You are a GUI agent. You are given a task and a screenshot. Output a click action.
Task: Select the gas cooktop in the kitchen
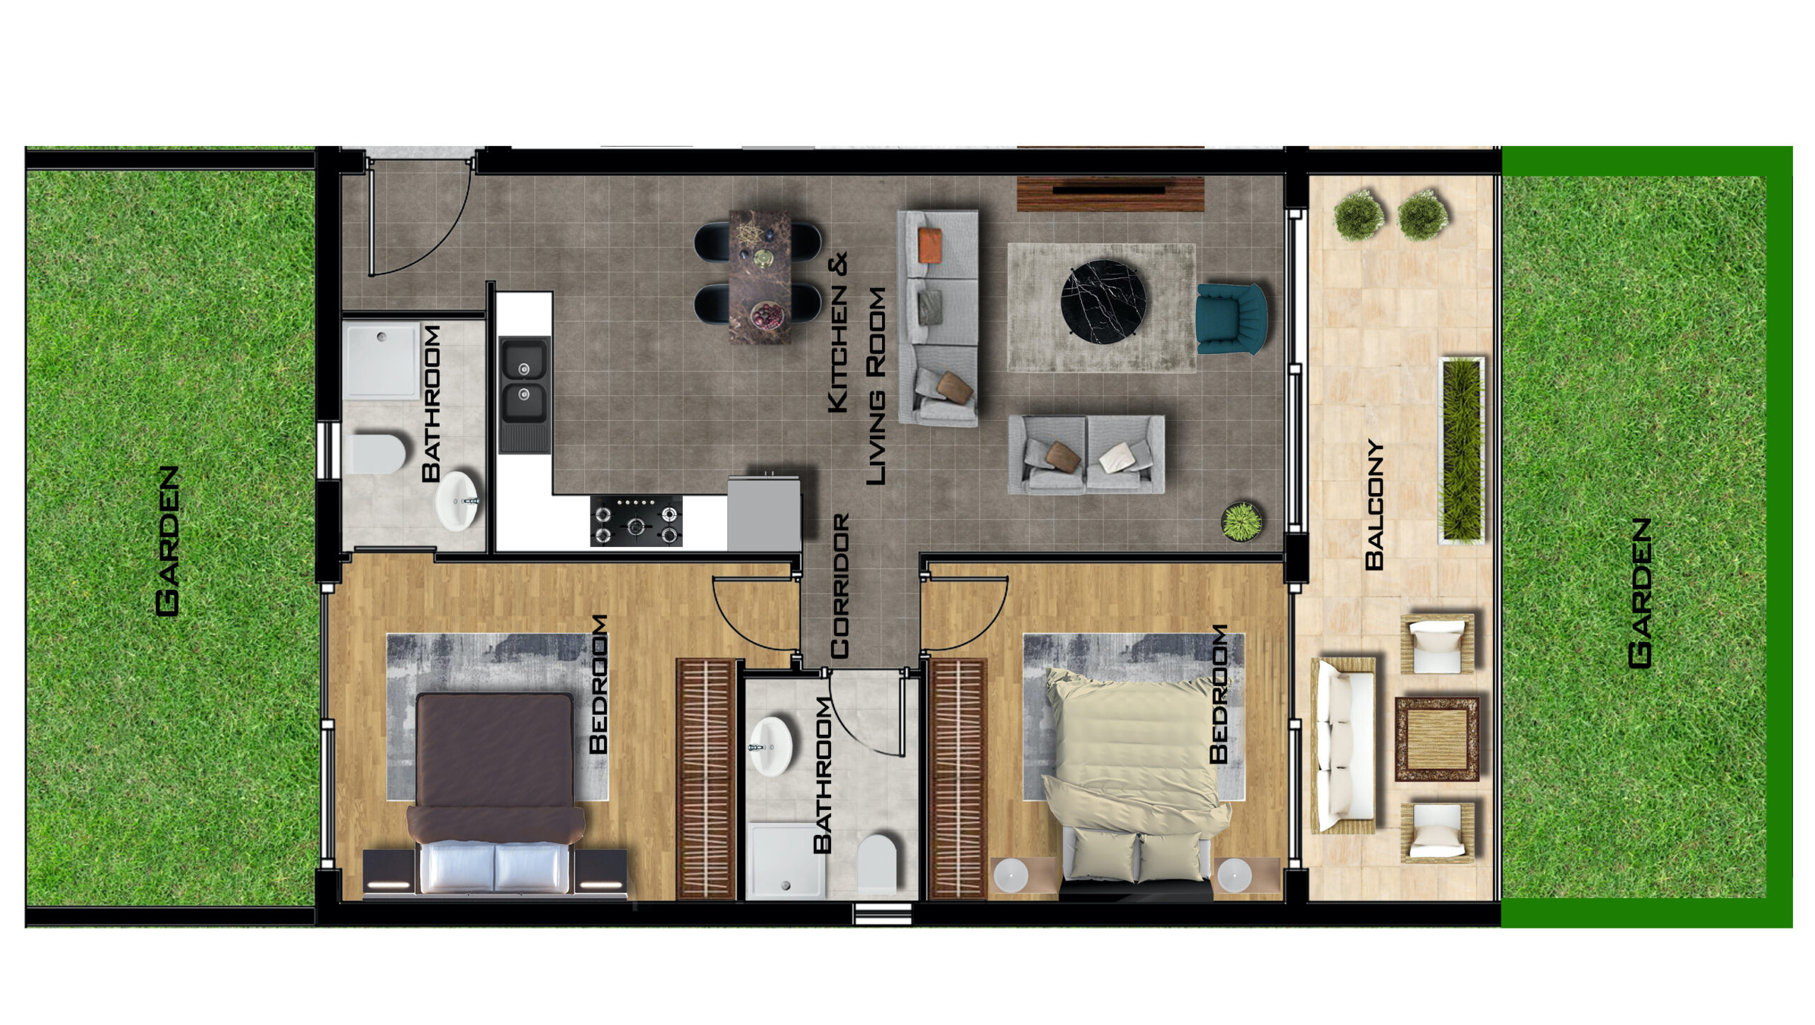[x=636, y=521]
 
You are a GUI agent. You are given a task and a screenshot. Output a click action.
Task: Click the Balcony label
[x=1374, y=505]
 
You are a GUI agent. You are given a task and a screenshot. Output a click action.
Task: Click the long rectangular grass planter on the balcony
[x=1461, y=450]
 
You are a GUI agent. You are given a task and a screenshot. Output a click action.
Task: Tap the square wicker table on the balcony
[x=1437, y=739]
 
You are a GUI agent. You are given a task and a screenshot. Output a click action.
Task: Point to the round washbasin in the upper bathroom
[x=457, y=500]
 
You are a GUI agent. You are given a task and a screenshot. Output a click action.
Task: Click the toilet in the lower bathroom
[x=877, y=863]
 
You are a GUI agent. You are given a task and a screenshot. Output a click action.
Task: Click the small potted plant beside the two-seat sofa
[x=1242, y=521]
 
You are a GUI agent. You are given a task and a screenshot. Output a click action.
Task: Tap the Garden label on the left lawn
[x=167, y=541]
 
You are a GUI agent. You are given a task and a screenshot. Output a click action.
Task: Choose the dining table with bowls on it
[x=760, y=277]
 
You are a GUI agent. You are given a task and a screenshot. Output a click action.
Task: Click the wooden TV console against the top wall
[x=1111, y=194]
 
